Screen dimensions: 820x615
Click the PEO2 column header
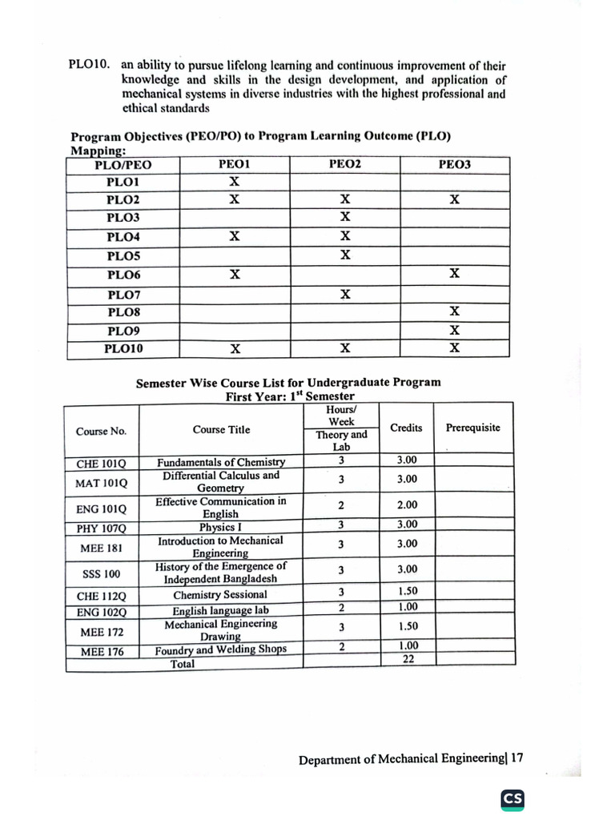point(345,164)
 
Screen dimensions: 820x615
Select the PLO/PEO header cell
point(123,166)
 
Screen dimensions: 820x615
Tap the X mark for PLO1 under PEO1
point(235,182)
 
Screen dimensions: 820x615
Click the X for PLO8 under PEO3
point(454,311)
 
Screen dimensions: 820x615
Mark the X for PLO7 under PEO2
point(345,294)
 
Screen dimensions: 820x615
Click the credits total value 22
point(408,659)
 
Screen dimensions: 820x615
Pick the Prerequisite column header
point(472,428)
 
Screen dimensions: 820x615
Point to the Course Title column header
point(221,429)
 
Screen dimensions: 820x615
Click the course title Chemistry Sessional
point(220,595)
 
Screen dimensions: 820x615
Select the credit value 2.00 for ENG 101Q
point(407,505)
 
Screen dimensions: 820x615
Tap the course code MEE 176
point(102,652)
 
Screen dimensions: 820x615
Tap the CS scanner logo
point(512,799)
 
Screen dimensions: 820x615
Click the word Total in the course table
point(183,663)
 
